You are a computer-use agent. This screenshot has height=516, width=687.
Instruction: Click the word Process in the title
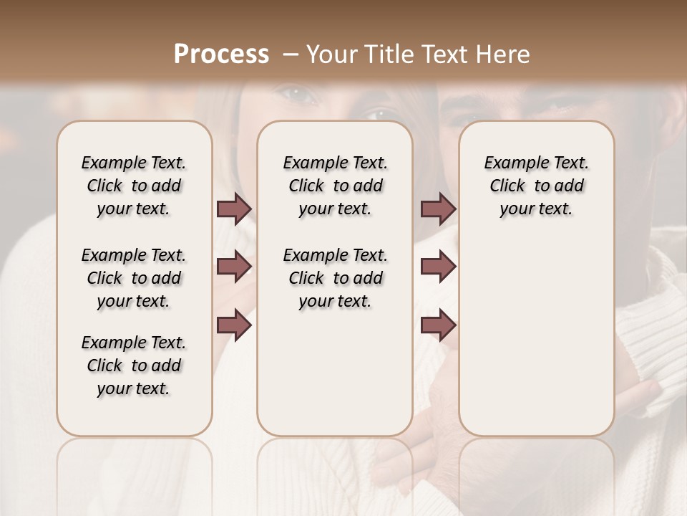click(x=221, y=54)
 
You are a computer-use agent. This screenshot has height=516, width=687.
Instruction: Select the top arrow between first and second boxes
click(x=234, y=209)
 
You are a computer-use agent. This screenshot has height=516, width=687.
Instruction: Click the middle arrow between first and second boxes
click(x=234, y=267)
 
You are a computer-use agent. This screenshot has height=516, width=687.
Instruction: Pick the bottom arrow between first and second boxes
click(x=234, y=325)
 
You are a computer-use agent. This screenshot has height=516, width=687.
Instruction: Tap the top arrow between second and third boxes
click(x=438, y=209)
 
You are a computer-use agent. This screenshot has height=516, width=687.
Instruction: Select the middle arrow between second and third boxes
click(x=438, y=267)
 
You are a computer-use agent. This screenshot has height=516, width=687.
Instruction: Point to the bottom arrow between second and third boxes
click(x=438, y=325)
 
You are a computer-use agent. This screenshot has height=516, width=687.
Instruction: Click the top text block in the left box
click(x=134, y=186)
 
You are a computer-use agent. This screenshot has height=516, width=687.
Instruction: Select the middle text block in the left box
click(x=134, y=278)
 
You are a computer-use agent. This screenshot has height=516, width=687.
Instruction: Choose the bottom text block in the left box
click(x=134, y=365)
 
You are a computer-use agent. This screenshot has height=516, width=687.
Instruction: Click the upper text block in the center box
click(x=335, y=186)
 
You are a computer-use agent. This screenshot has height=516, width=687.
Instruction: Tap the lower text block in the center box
click(x=335, y=278)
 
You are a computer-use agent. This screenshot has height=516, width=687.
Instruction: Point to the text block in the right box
click(x=536, y=186)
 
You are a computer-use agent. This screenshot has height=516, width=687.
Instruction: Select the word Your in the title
click(x=331, y=54)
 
